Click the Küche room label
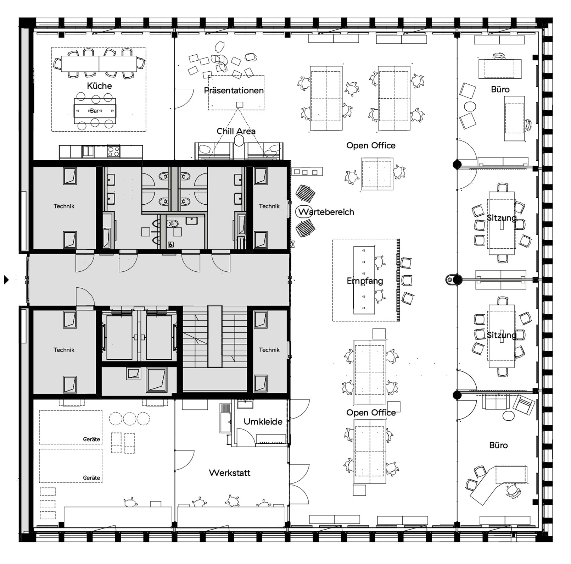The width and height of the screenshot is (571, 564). [99, 86]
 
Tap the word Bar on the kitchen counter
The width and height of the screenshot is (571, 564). [94, 111]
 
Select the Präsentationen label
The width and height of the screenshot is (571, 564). [234, 90]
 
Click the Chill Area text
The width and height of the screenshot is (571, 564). [236, 131]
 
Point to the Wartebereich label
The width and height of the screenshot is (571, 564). [326, 212]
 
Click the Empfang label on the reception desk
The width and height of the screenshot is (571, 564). [365, 281]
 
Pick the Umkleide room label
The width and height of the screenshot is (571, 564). [263, 422]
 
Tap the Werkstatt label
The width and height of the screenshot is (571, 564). [229, 473]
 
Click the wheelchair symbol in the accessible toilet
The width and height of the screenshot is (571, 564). [171, 244]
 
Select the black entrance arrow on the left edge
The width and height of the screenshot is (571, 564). [6, 280]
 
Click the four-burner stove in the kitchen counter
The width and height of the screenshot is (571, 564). [113, 151]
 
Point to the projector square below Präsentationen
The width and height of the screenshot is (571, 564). [240, 104]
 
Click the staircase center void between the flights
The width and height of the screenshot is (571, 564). [214, 336]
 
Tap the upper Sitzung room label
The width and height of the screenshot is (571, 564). [501, 218]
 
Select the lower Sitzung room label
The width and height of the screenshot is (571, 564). [501, 335]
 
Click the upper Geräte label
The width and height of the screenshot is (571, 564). [91, 439]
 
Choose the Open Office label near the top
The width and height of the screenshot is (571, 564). [371, 145]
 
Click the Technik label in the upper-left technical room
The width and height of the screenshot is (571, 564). [64, 206]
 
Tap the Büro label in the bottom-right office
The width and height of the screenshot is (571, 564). [498, 446]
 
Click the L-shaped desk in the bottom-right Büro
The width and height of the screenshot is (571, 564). [496, 482]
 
